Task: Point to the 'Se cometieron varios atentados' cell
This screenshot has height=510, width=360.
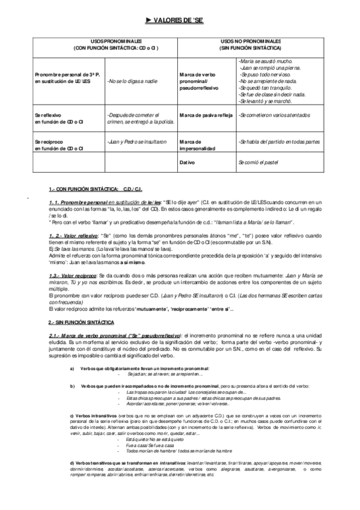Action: (274, 115)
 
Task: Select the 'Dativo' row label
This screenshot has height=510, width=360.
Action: (187, 162)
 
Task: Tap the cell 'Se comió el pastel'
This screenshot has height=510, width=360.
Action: (258, 162)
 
